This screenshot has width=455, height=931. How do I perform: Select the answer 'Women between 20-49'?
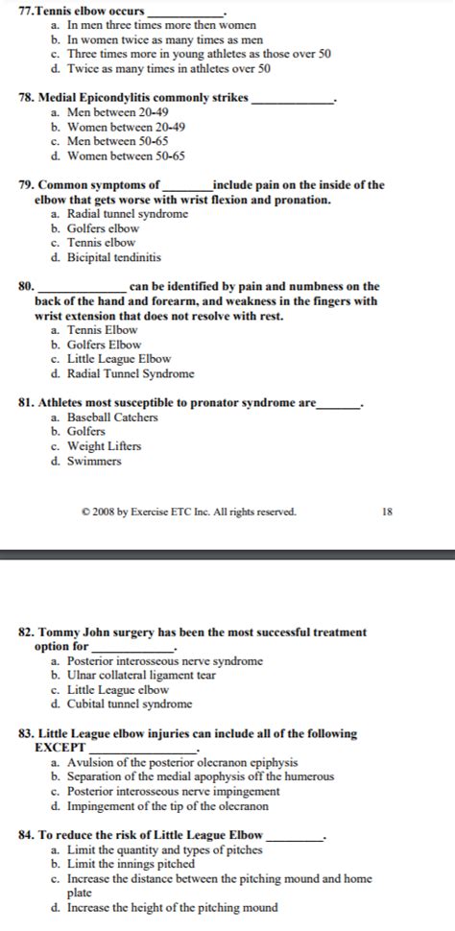pos(126,127)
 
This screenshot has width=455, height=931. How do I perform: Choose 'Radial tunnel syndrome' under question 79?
pos(128,214)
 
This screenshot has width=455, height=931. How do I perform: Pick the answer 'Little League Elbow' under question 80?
pos(119,359)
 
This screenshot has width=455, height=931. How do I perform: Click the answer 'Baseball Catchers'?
pos(112,418)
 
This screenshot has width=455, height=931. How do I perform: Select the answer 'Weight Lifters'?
pos(104,446)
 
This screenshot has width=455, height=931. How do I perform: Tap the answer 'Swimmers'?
pos(94,461)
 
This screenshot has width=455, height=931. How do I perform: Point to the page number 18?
pos(387,512)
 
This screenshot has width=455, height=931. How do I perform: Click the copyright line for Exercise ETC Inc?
pos(189,512)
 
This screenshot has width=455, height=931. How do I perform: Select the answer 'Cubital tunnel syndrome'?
pos(130,704)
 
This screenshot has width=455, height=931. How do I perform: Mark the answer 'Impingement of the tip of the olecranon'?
pos(166,806)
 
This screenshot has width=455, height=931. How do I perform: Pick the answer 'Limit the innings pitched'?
pos(128,864)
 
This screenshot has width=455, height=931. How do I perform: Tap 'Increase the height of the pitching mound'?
pos(172,907)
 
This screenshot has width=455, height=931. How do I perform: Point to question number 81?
pos(27,403)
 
